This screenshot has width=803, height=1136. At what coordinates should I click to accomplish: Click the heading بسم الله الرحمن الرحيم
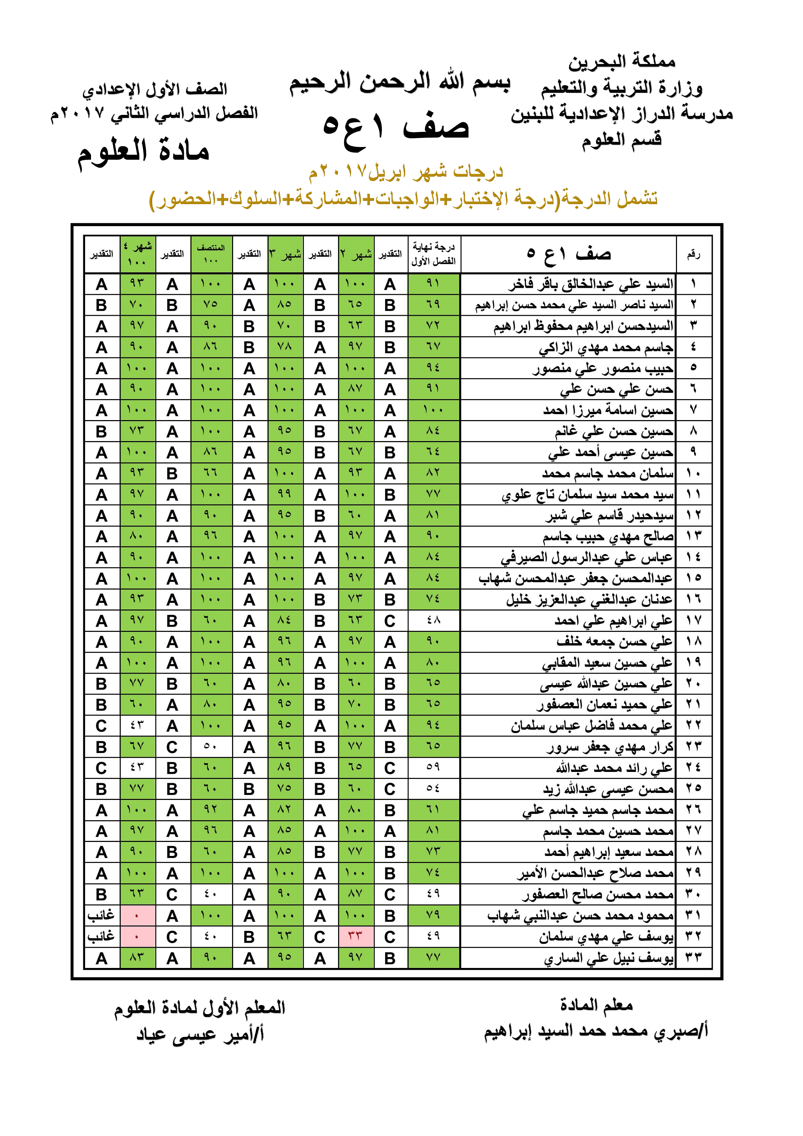399,83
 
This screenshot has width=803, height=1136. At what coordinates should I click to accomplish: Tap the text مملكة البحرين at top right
621,62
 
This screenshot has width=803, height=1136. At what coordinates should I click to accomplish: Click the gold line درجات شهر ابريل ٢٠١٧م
406,172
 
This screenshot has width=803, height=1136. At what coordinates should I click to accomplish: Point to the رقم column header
693,254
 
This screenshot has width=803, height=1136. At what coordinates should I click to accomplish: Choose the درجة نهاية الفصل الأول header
433,254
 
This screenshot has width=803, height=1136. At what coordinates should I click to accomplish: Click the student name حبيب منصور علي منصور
603,369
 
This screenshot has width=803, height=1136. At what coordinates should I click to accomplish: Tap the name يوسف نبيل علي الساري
609,959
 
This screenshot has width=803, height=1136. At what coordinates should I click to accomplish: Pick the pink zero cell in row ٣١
137,916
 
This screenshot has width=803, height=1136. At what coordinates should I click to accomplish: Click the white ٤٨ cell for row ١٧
433,620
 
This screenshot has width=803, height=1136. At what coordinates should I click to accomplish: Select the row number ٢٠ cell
693,683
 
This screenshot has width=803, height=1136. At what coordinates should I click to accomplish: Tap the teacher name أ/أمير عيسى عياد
200,1034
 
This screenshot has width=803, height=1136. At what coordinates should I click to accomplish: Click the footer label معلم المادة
596,1005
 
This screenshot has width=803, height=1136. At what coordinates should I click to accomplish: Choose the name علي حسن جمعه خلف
614,642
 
